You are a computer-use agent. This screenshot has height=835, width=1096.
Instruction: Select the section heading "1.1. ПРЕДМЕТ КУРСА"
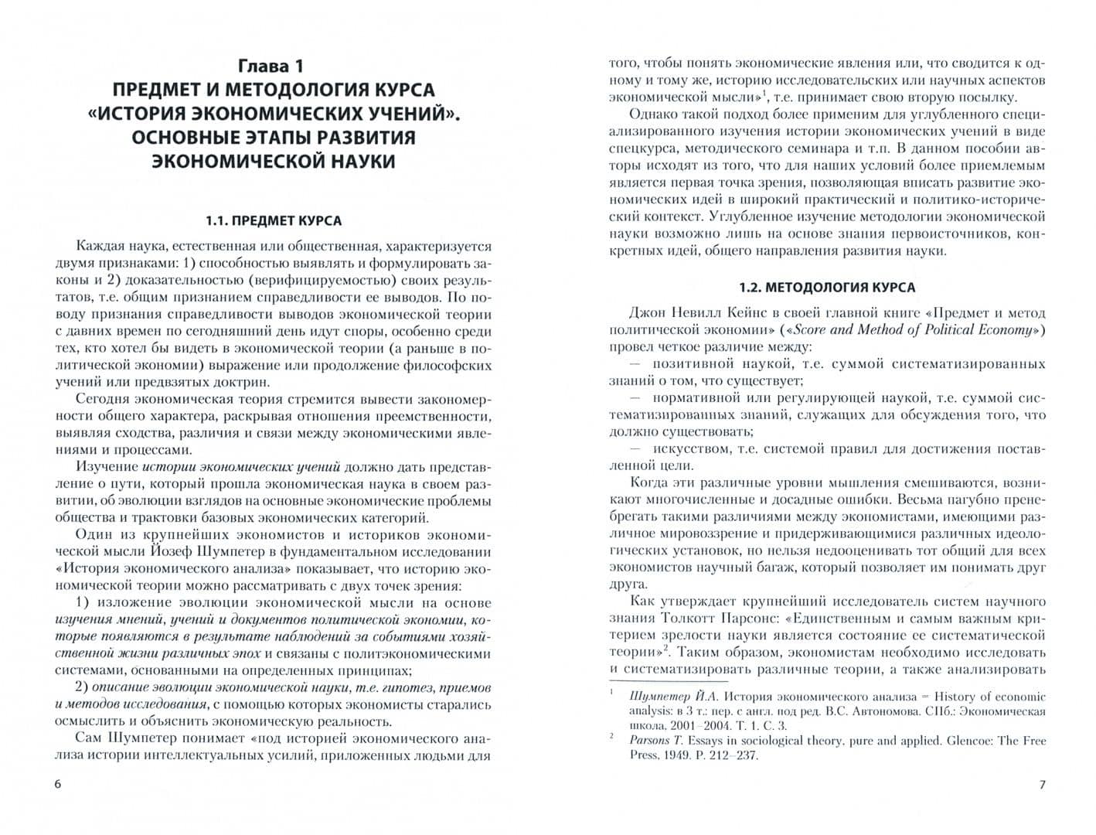[x=273, y=220]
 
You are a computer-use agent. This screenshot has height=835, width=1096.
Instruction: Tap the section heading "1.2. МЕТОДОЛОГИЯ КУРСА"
[x=827, y=288]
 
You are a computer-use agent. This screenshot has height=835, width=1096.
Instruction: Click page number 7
[x=1041, y=785]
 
